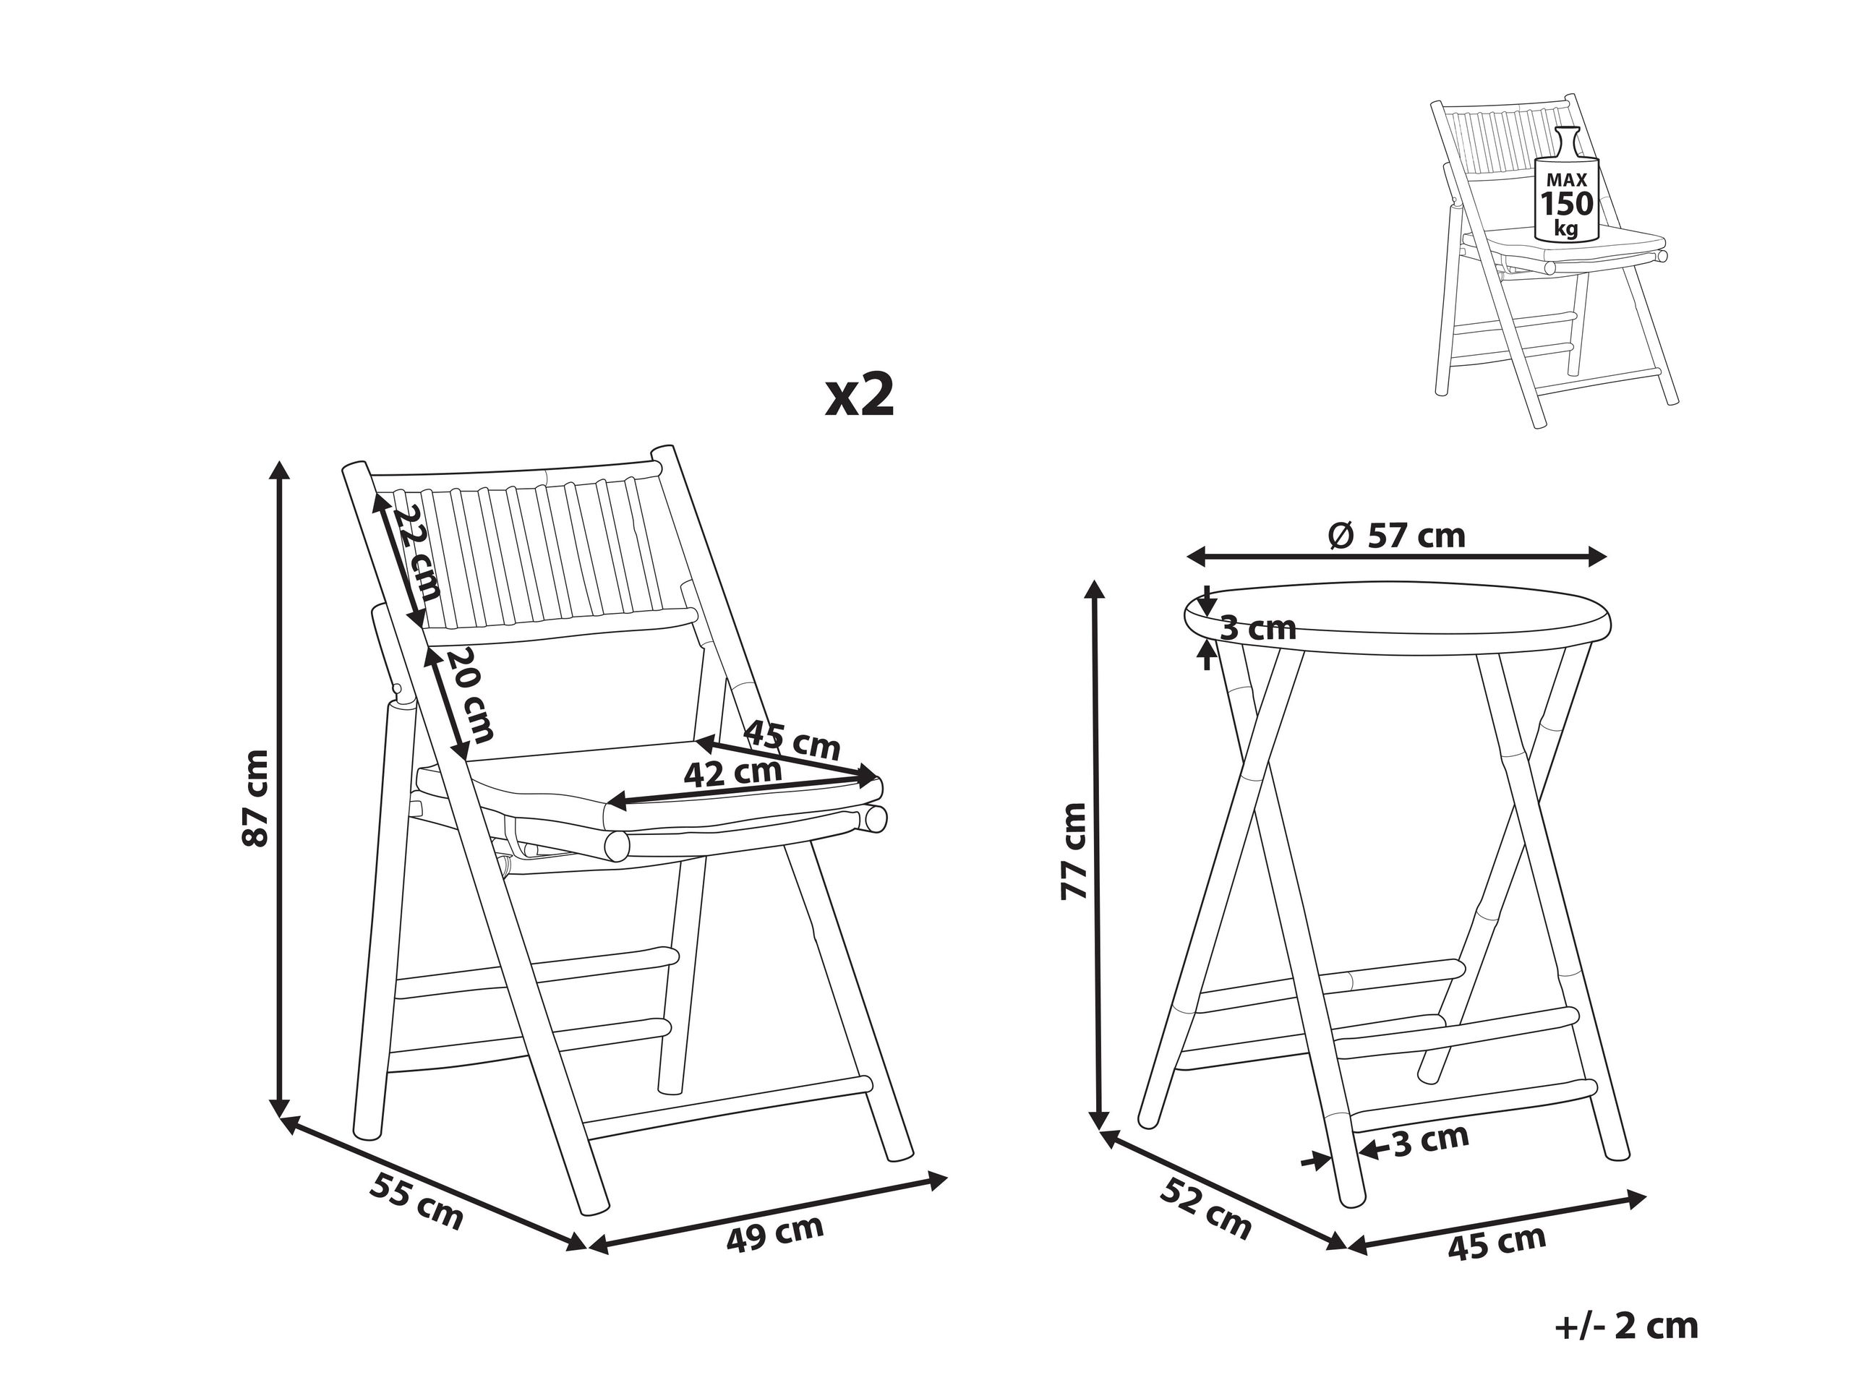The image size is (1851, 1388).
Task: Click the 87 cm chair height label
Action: coord(255,797)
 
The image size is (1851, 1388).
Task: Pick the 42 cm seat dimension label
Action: coord(732,772)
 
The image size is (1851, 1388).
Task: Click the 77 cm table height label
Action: coord(1074,851)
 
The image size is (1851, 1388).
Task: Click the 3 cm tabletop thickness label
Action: coord(1257,627)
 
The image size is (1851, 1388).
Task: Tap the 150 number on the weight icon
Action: coord(1568,203)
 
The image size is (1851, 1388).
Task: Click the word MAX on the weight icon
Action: coord(1567,180)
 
